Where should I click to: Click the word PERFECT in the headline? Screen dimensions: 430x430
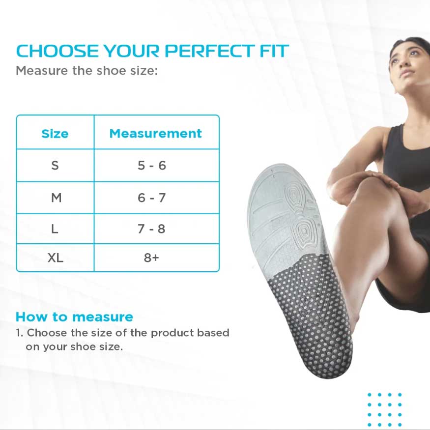coord(209,51)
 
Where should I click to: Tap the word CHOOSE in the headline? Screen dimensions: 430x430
coord(57,51)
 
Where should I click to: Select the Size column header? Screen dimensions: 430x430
coord(55,134)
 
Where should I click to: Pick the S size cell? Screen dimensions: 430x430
coord(55,165)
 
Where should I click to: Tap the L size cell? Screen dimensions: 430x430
coord(55,229)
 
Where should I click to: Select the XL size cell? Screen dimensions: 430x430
coord(56,258)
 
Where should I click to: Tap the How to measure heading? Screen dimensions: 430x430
coord(74,317)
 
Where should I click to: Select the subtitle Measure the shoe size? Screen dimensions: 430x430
coord(87,70)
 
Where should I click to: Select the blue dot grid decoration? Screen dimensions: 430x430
coord(384,410)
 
